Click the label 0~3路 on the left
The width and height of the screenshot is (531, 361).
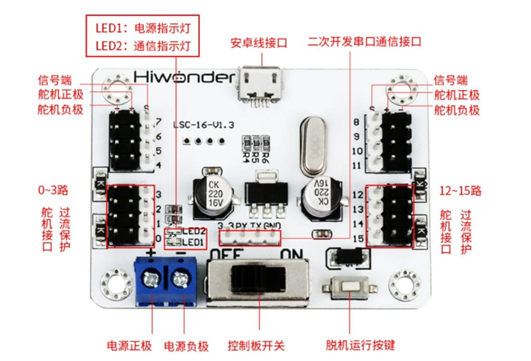pyautogui.click(x=54, y=190)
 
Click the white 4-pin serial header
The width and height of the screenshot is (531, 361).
pyautogui.click(x=250, y=238)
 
